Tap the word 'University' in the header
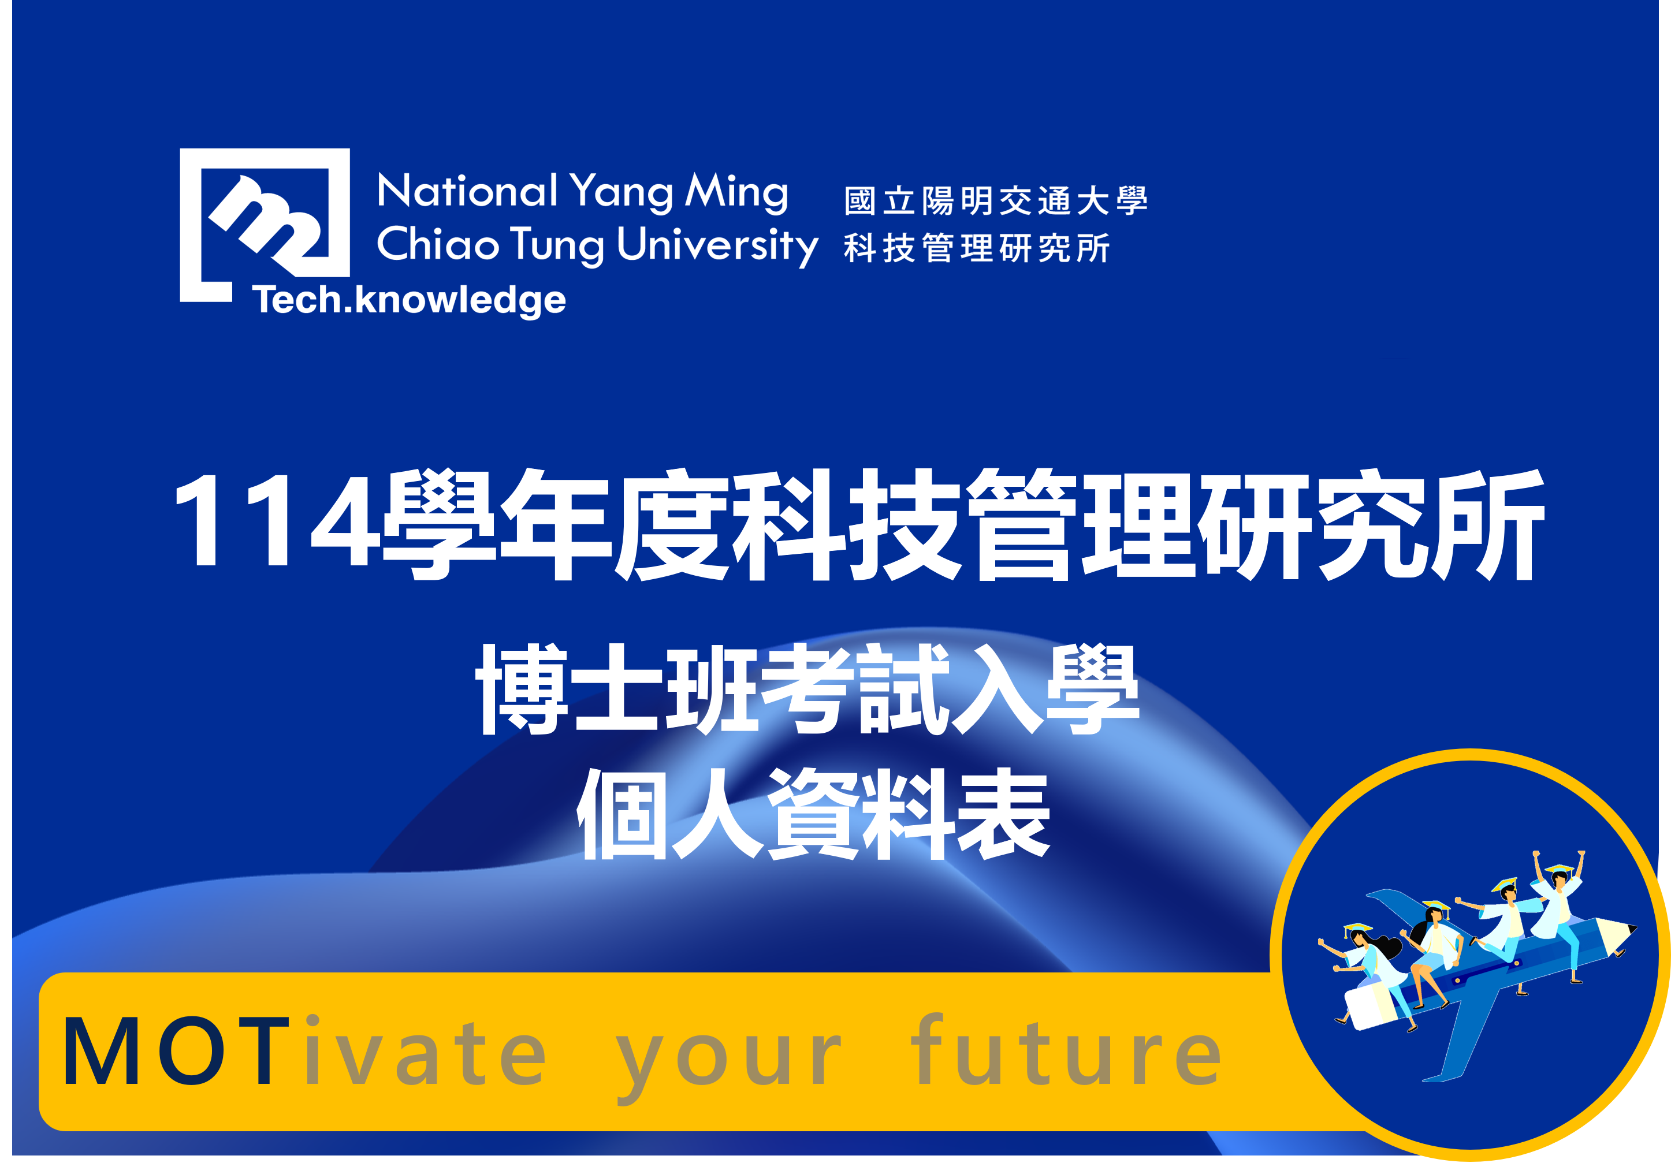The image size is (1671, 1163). point(717,245)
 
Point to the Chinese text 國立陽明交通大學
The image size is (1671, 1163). point(996,200)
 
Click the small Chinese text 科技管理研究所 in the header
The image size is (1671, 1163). point(977,248)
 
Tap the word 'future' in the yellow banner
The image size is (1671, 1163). point(1066,1050)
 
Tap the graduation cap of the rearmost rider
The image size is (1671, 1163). point(1357,929)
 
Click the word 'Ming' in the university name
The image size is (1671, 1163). point(736,192)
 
